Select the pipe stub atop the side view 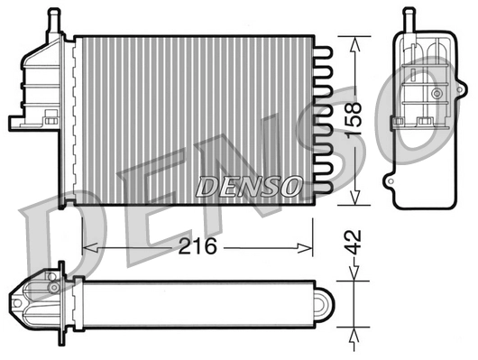407,17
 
